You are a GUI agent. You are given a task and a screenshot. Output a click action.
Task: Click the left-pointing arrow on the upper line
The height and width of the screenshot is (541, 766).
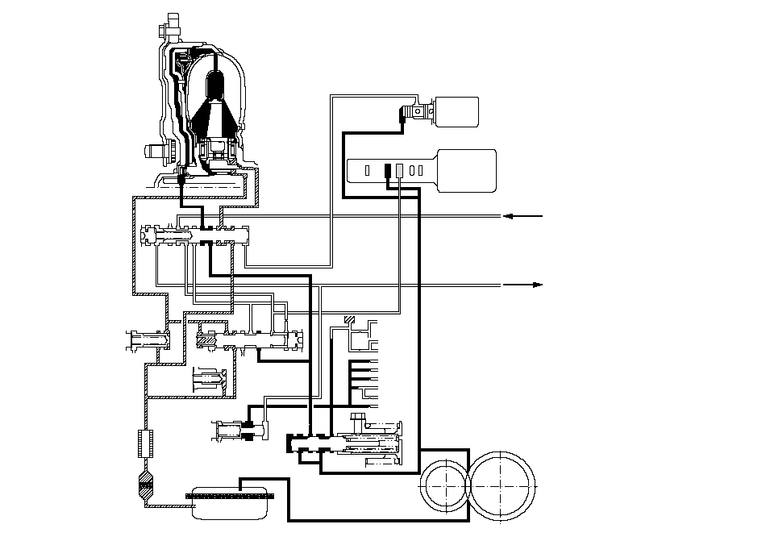[x=510, y=216]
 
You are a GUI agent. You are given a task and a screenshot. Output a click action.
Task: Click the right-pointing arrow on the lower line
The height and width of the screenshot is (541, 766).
[x=535, y=285]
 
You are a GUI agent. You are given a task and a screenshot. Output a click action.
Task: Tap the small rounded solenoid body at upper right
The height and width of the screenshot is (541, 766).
[x=455, y=111]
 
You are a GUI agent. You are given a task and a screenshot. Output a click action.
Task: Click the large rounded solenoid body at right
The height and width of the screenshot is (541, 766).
[x=466, y=170]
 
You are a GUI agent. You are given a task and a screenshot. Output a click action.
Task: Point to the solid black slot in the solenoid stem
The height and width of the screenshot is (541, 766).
[x=387, y=170]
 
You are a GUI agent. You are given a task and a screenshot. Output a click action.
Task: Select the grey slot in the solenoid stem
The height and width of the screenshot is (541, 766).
[x=398, y=170]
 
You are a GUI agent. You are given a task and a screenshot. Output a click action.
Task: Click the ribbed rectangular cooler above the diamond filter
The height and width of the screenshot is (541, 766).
[x=146, y=443]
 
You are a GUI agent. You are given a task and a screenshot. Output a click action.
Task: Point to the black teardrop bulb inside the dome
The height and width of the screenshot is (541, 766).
[x=216, y=85]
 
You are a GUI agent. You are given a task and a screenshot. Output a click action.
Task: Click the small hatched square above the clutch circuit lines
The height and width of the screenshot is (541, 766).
[x=348, y=320]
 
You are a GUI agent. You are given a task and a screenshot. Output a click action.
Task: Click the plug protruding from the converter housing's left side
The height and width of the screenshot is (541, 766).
[x=153, y=150]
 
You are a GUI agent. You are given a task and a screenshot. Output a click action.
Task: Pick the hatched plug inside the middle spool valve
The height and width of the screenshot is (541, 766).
[x=206, y=343]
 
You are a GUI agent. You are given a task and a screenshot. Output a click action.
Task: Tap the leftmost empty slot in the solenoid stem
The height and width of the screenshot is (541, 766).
[x=367, y=170]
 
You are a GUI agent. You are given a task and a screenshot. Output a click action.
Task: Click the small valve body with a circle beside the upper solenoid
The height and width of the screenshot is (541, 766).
[x=416, y=112]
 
